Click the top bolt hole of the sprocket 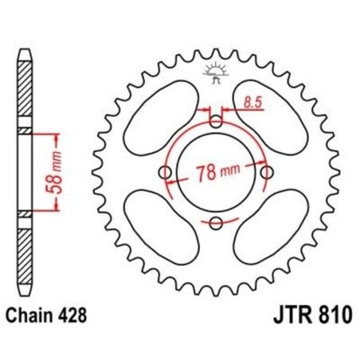[216, 121]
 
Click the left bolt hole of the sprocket [165, 173]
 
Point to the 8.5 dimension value [252, 102]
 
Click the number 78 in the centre [205, 173]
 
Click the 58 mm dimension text [55, 170]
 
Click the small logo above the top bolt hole [216, 73]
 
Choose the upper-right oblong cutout [273, 116]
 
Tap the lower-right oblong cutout [273, 229]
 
